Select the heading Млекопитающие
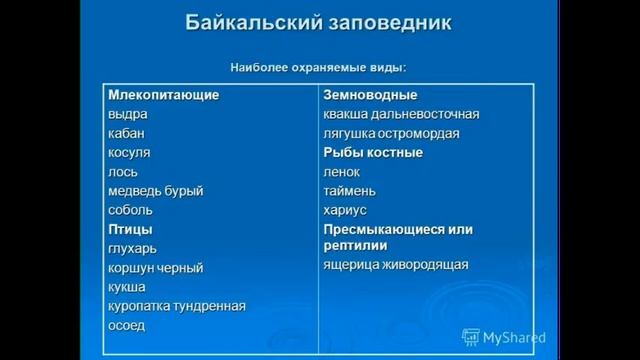click(x=163, y=95)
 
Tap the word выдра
click(x=128, y=114)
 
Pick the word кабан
click(x=128, y=133)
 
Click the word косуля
click(x=130, y=152)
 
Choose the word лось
click(x=124, y=172)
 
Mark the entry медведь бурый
click(x=156, y=191)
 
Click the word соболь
click(x=131, y=210)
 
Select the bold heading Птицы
click(x=130, y=229)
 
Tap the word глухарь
click(x=133, y=248)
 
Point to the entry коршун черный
click(x=156, y=268)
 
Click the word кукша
click(x=127, y=287)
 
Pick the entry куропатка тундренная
click(x=177, y=306)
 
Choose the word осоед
click(x=127, y=325)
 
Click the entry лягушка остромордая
click(x=391, y=133)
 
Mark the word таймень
click(x=350, y=191)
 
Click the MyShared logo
click(x=504, y=338)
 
